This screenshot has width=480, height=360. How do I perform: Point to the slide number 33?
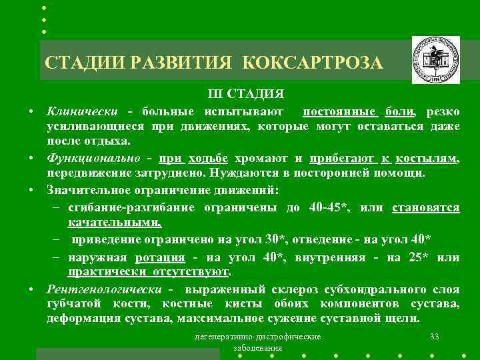(435, 336)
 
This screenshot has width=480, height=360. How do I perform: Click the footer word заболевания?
(258, 348)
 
